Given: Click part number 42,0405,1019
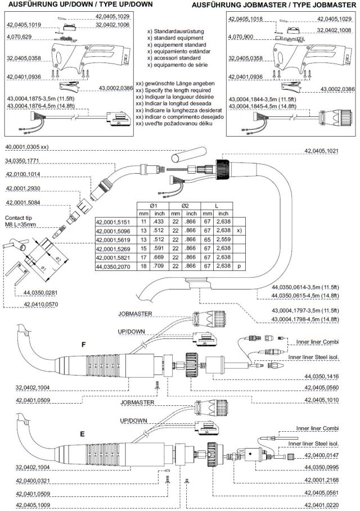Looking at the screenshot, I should point(24,25).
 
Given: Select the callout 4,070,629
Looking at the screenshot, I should point(19,36).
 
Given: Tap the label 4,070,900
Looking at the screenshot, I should point(241,36).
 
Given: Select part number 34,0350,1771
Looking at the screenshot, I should point(23,161).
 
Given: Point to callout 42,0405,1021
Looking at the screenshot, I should point(329,151).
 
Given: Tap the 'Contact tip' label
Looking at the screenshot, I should point(17,216).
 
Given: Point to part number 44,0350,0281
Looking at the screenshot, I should point(43,292).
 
